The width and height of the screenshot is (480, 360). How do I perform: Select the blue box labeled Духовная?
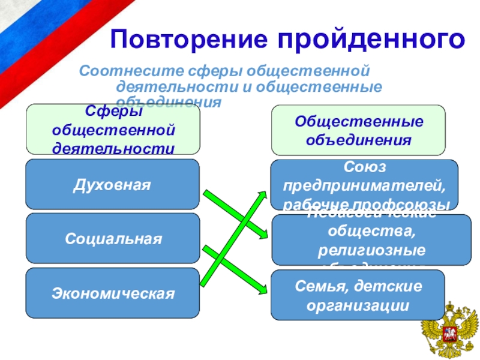(x=112, y=184)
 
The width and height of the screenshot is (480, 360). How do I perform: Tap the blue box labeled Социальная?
(x=112, y=238)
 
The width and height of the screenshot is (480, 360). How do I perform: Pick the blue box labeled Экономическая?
(x=112, y=293)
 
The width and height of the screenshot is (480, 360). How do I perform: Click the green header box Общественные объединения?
(x=358, y=130)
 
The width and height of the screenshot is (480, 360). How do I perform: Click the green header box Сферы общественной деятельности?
(x=112, y=130)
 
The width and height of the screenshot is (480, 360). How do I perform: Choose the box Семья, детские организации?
(x=358, y=295)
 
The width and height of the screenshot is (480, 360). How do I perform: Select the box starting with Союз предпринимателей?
(x=364, y=184)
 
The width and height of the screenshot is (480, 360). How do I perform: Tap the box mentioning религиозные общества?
(x=371, y=239)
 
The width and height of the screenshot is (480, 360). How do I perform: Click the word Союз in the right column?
(x=364, y=165)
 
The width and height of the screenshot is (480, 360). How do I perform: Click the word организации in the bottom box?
(x=358, y=305)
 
